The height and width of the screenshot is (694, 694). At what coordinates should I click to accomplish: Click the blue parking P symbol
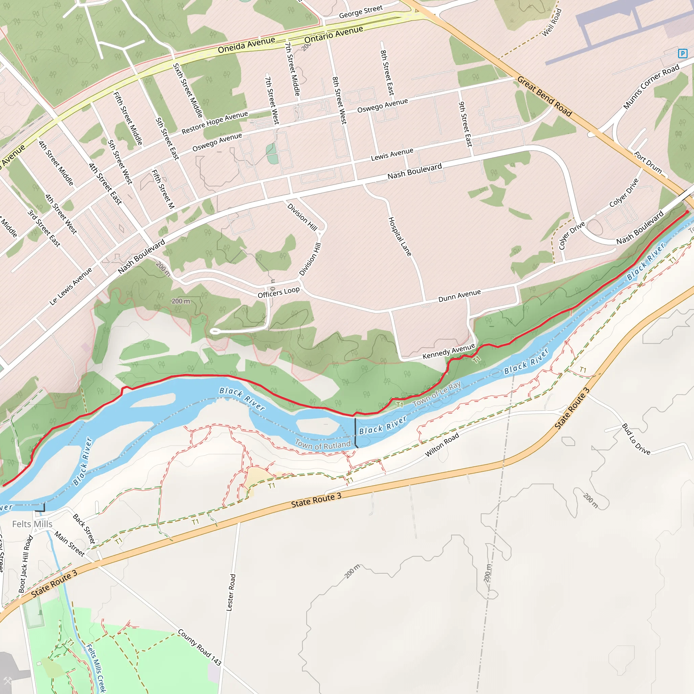[x=682, y=54]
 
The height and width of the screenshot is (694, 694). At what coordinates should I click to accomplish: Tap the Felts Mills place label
[x=32, y=524]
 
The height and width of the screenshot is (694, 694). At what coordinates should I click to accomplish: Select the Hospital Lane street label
[x=400, y=237]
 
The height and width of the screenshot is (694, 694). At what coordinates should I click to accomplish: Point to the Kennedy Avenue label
[x=449, y=351]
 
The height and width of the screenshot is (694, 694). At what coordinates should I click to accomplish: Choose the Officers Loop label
[x=279, y=292]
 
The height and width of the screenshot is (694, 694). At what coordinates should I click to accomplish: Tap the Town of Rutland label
[x=323, y=445]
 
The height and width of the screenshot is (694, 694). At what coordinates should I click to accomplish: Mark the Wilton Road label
[x=442, y=445]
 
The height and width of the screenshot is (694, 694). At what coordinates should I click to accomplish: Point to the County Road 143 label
[x=199, y=647]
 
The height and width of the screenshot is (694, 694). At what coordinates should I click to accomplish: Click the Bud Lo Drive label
[x=636, y=439]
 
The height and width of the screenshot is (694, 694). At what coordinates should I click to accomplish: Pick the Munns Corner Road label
[x=651, y=86]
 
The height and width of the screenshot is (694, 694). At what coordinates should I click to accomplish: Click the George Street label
[x=361, y=12]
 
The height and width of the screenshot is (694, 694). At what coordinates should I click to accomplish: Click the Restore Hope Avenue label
[x=215, y=122]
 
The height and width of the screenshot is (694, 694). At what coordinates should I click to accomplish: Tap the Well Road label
[x=551, y=22]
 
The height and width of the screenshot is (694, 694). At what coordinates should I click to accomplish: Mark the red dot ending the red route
[x=687, y=212]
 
